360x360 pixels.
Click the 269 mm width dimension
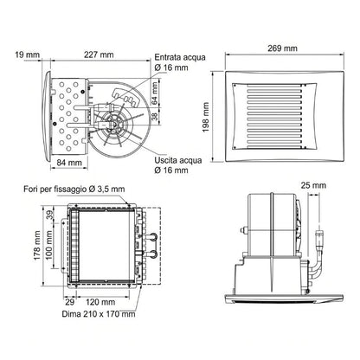pos(282,48)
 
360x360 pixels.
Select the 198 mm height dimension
pos(206,117)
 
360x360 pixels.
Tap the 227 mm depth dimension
pos(99,55)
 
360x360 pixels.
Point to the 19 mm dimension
pos(27,55)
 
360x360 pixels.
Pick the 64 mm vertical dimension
pos(155,93)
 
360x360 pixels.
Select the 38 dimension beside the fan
pos(155,117)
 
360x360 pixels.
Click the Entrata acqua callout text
pos(180,62)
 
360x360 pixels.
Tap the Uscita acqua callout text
pos(178,165)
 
